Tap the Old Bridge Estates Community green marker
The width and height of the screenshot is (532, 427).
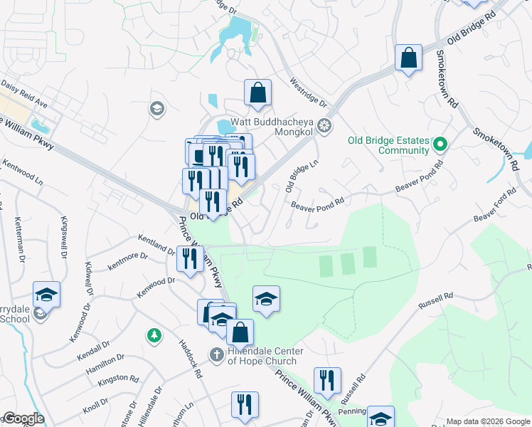point(440,145)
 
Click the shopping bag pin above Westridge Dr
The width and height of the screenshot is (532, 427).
point(257,93)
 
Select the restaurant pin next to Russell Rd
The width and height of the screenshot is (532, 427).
point(327,380)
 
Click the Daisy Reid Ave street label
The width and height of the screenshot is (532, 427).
point(23,93)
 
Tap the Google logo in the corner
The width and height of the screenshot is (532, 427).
point(23,418)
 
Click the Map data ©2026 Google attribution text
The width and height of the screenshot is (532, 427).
point(487,421)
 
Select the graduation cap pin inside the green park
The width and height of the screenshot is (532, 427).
point(266,299)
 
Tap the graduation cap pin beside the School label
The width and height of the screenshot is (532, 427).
point(46,295)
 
